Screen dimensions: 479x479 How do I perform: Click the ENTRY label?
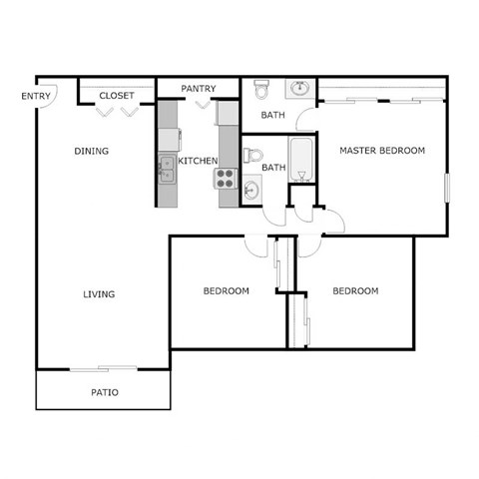pyautogui.click(x=36, y=96)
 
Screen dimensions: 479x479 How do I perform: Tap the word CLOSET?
pyautogui.click(x=117, y=96)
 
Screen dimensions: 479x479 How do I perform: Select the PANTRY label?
pyautogui.click(x=199, y=89)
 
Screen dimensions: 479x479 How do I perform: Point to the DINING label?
pyautogui.click(x=91, y=152)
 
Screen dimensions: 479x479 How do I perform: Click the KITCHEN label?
pyautogui.click(x=198, y=161)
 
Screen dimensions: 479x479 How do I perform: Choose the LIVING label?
pyautogui.click(x=99, y=294)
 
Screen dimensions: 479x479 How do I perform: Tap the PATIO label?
pyautogui.click(x=105, y=392)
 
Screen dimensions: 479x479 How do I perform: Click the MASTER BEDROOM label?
pyautogui.click(x=382, y=151)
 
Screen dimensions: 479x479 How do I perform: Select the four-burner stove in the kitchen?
pyautogui.click(x=225, y=180)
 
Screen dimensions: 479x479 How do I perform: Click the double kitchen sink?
pyautogui.click(x=167, y=169)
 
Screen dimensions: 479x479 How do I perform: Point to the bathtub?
pyautogui.click(x=301, y=160)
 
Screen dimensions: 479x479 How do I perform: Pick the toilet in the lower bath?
pyautogui.click(x=252, y=157)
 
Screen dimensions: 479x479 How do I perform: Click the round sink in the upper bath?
pyautogui.click(x=299, y=90)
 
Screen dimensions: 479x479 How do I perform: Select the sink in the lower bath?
pyautogui.click(x=250, y=190)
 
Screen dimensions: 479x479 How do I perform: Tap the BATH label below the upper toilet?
pyautogui.click(x=273, y=115)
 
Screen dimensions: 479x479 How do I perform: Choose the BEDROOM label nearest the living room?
pyautogui.click(x=226, y=291)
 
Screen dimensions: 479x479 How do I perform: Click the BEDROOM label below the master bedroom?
pyautogui.click(x=355, y=291)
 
